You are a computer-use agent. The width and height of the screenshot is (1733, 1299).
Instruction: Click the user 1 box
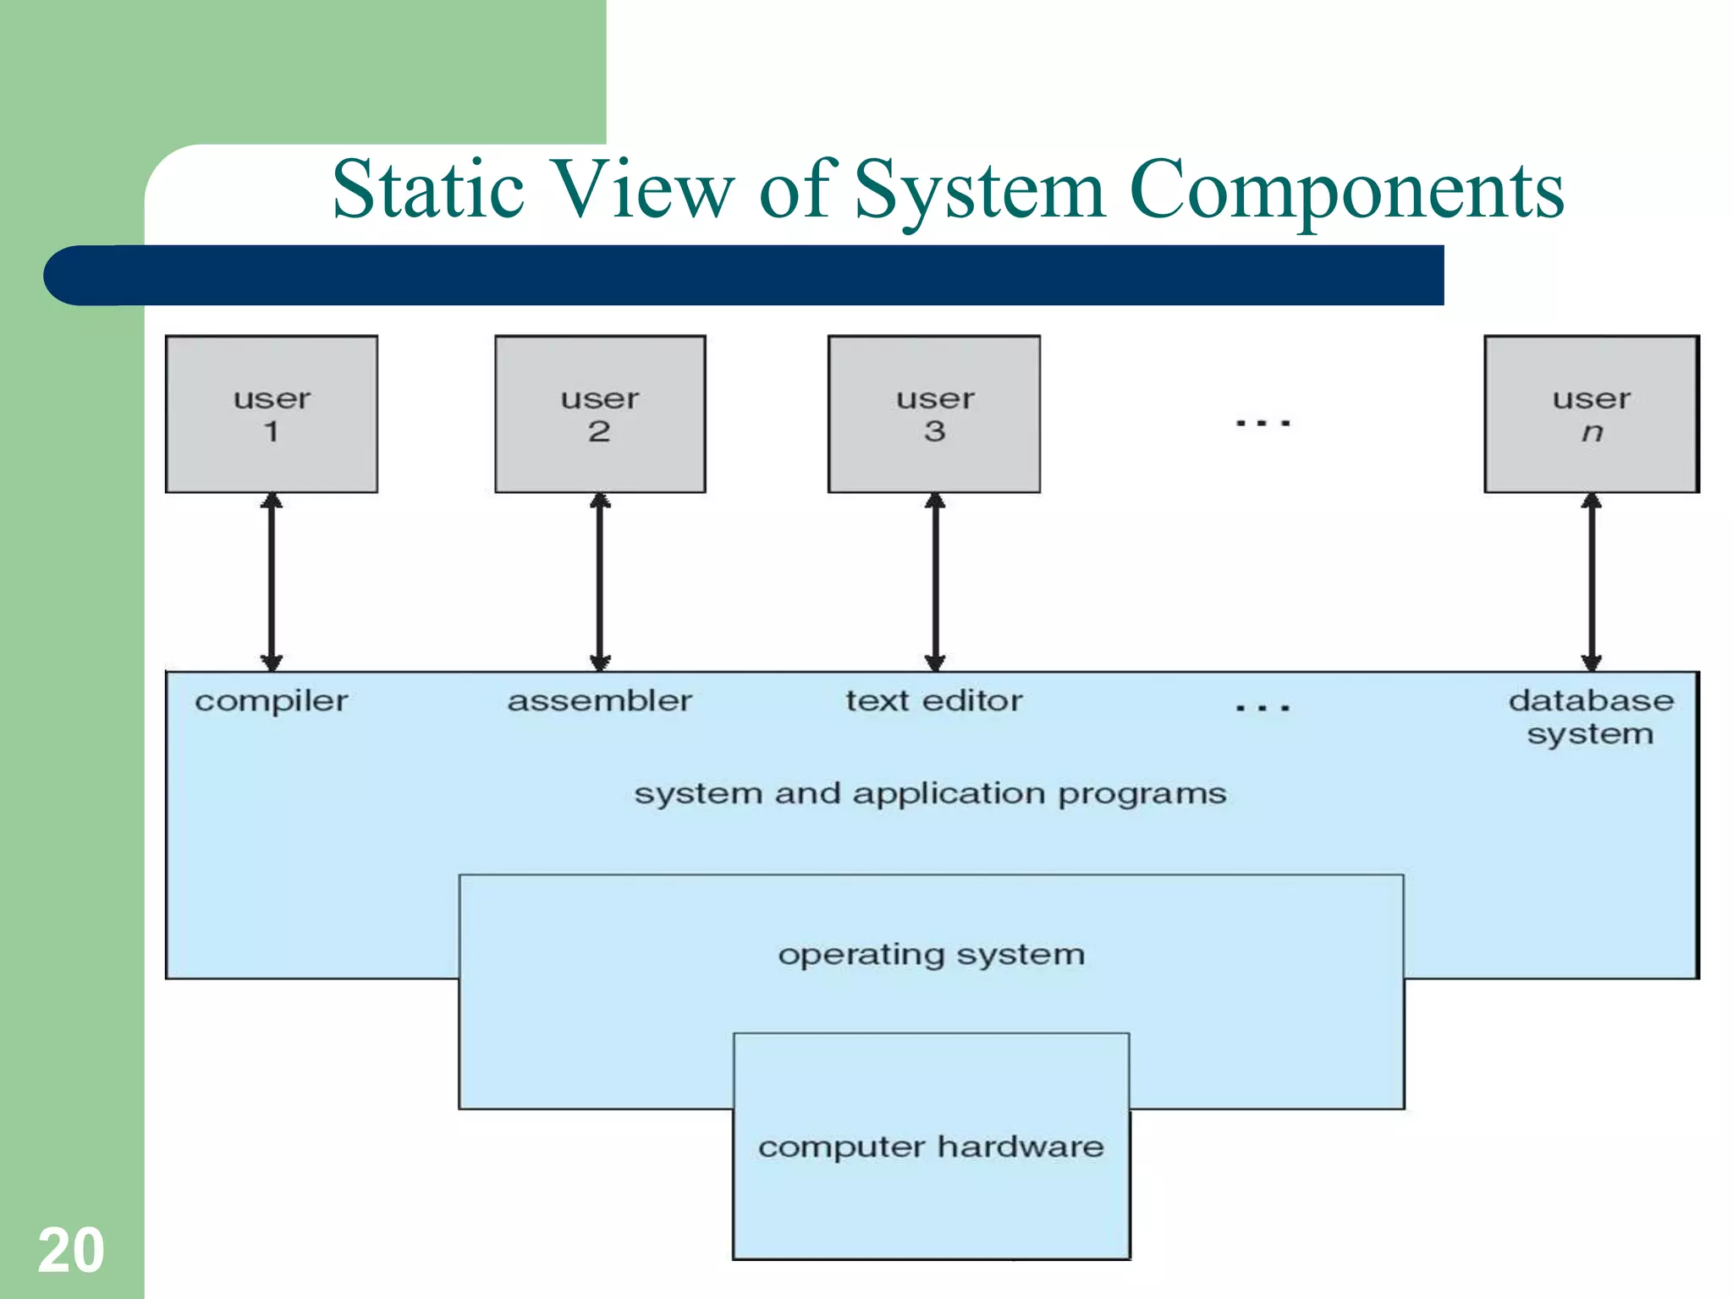point(272,414)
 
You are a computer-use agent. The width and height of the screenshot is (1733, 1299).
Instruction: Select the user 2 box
point(600,414)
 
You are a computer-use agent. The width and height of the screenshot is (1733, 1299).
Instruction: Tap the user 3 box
point(934,414)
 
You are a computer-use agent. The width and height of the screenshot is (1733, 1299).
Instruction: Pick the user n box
point(1592,414)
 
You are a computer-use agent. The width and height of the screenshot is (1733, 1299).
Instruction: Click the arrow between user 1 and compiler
point(272,582)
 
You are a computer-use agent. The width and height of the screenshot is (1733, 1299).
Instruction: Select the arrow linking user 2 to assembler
point(600,582)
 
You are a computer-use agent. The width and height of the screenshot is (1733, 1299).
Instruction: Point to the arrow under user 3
point(935,582)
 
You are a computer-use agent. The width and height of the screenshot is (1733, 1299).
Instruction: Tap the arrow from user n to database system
point(1592,582)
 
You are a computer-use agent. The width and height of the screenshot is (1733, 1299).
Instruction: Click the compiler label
point(272,701)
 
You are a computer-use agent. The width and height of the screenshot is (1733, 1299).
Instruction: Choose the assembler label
point(600,701)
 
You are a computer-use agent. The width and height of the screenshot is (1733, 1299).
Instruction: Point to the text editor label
point(934,701)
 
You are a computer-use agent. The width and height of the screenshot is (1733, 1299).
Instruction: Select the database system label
point(1591,717)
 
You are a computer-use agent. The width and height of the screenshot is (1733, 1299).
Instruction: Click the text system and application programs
point(931,794)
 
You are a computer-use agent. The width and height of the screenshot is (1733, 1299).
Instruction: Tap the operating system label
point(931,955)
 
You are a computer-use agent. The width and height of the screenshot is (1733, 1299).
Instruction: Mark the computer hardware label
point(931,1147)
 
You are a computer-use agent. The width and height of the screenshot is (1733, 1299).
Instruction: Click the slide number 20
point(71,1250)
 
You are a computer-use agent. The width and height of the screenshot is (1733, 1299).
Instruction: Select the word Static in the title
point(428,189)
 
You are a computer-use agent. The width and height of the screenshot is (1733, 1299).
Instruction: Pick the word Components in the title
point(1346,191)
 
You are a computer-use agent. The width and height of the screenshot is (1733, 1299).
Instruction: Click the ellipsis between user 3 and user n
point(1263,422)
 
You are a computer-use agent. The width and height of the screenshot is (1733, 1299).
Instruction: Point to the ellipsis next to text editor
point(1263,707)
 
